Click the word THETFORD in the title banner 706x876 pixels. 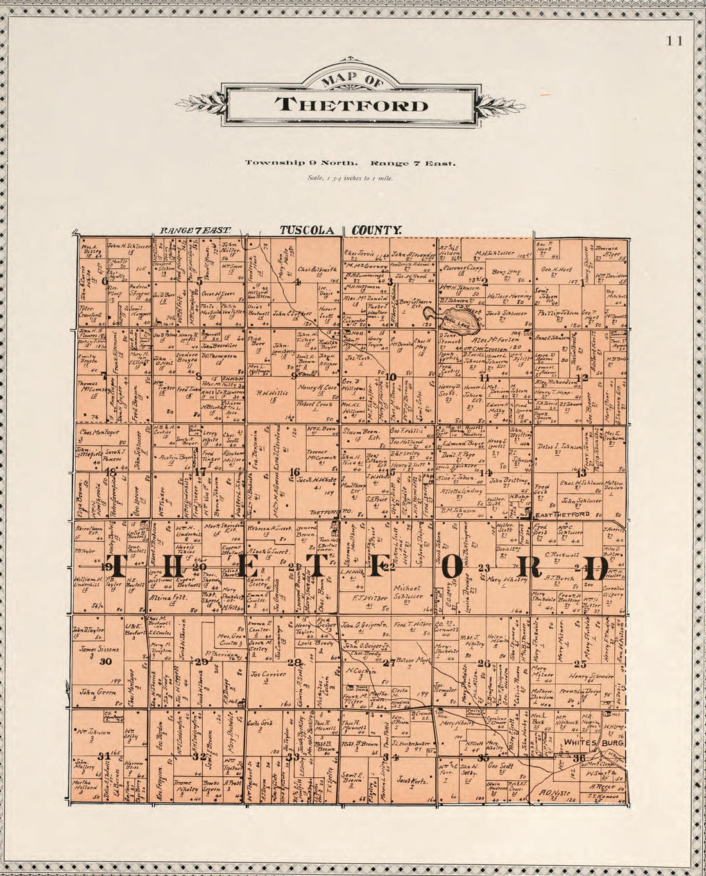[350, 105]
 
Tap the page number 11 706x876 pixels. [675, 41]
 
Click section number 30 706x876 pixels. [106, 662]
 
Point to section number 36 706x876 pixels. [580, 758]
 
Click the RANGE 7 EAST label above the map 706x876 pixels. [191, 229]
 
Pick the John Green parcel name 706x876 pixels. [92, 692]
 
